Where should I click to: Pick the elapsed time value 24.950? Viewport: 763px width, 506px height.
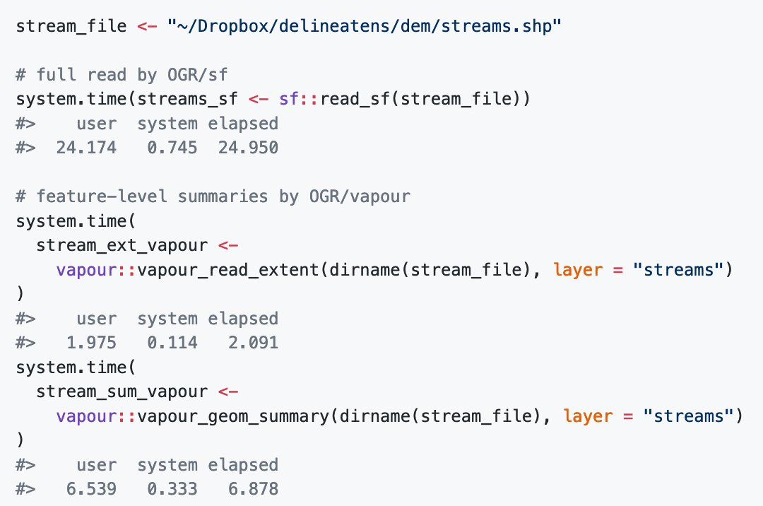(x=242, y=148)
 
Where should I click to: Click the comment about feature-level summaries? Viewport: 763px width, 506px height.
(x=213, y=196)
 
